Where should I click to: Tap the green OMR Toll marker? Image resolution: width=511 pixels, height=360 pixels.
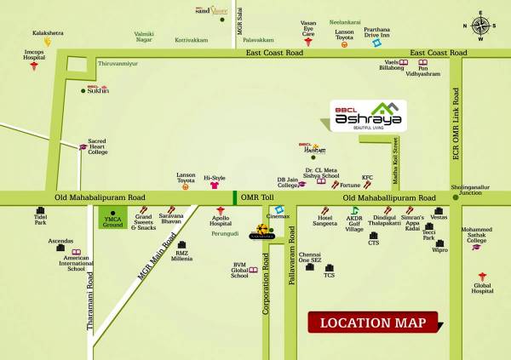click(235, 197)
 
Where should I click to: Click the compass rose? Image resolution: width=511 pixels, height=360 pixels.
click(481, 25)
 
